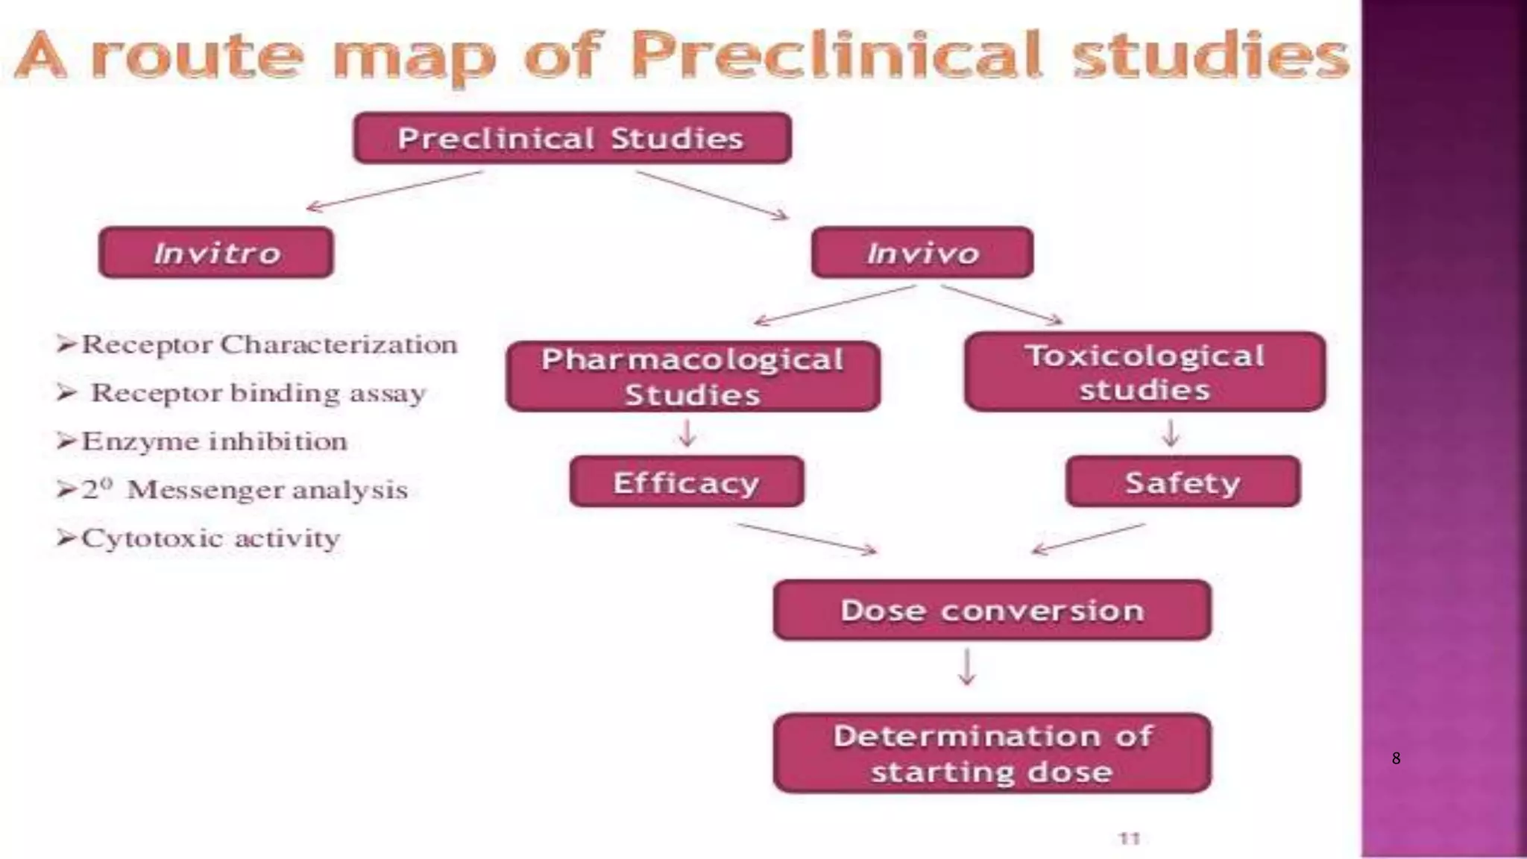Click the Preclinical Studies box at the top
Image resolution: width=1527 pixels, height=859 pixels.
tap(572, 138)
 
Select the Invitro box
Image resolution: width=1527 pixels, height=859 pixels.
tap(216, 253)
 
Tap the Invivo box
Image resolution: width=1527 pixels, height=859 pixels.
tap(922, 253)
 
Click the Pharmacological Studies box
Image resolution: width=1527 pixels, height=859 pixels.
tap(693, 377)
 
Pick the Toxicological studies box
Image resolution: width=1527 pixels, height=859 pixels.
tap(1145, 372)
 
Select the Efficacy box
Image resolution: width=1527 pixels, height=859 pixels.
tap(687, 482)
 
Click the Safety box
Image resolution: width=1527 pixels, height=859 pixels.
tap(1183, 482)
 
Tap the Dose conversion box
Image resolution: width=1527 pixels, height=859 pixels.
tap(992, 610)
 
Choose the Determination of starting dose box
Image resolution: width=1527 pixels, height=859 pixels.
tap(992, 753)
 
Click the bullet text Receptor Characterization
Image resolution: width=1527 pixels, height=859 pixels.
tap(268, 344)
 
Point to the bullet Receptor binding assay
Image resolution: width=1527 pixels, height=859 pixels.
tap(257, 393)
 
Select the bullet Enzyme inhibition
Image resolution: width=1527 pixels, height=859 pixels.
tap(214, 441)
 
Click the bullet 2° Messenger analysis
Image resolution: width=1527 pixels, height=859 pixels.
tap(245, 490)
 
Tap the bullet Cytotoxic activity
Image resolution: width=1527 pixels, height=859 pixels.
tap(210, 538)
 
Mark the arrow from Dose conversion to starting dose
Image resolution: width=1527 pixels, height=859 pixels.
tap(967, 667)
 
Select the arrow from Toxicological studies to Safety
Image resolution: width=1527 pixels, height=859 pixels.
tap(1171, 433)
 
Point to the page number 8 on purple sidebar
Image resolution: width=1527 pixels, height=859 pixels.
tap(1396, 759)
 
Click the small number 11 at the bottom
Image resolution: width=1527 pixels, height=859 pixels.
tap(1130, 838)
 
